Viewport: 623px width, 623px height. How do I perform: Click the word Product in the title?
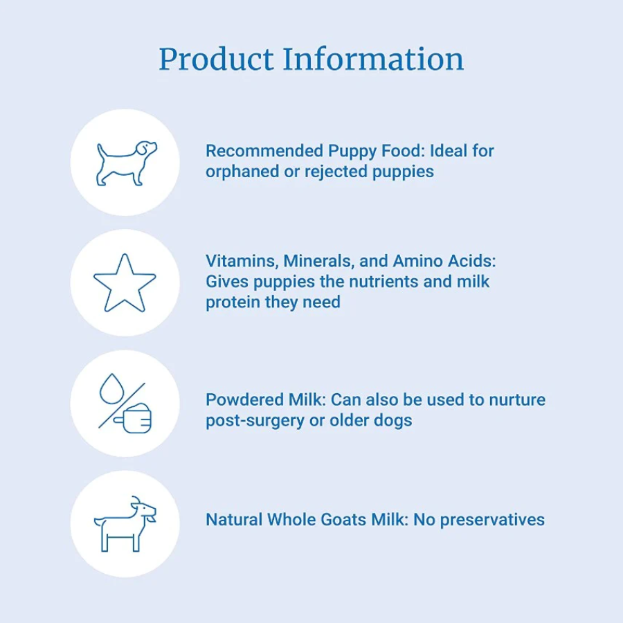(217, 60)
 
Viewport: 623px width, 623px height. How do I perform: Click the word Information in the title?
(373, 59)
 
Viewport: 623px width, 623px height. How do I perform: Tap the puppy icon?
(127, 163)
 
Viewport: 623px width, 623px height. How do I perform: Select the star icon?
(125, 283)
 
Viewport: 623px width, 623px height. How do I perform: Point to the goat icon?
(125, 524)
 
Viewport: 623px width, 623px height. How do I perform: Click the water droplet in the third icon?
(111, 388)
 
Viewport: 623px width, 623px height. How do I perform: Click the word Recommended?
(264, 151)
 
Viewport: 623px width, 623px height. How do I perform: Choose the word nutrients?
(383, 282)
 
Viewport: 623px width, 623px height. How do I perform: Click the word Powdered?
(244, 399)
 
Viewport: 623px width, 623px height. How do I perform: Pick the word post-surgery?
(255, 421)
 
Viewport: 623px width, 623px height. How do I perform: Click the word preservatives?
(492, 521)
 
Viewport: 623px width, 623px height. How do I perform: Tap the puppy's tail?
(102, 151)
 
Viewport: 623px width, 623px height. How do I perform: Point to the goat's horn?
(136, 500)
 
